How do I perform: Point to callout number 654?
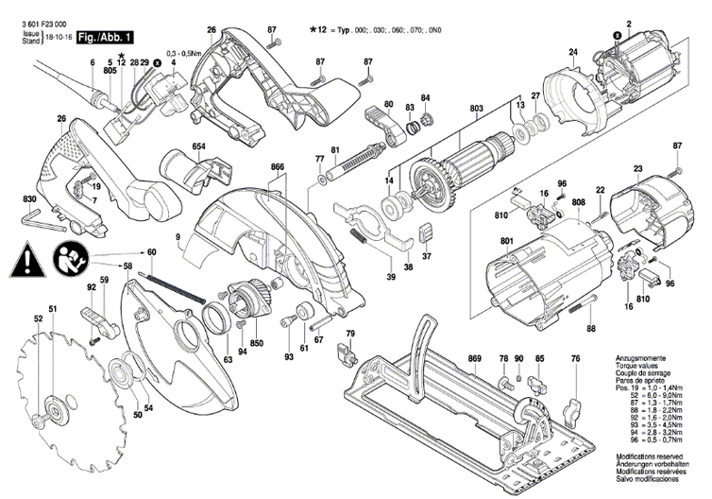pos(198,147)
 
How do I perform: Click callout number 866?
pos(277,166)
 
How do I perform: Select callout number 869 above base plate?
pos(474,359)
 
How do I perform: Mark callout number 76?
pos(575,359)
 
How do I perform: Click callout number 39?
pos(389,277)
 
